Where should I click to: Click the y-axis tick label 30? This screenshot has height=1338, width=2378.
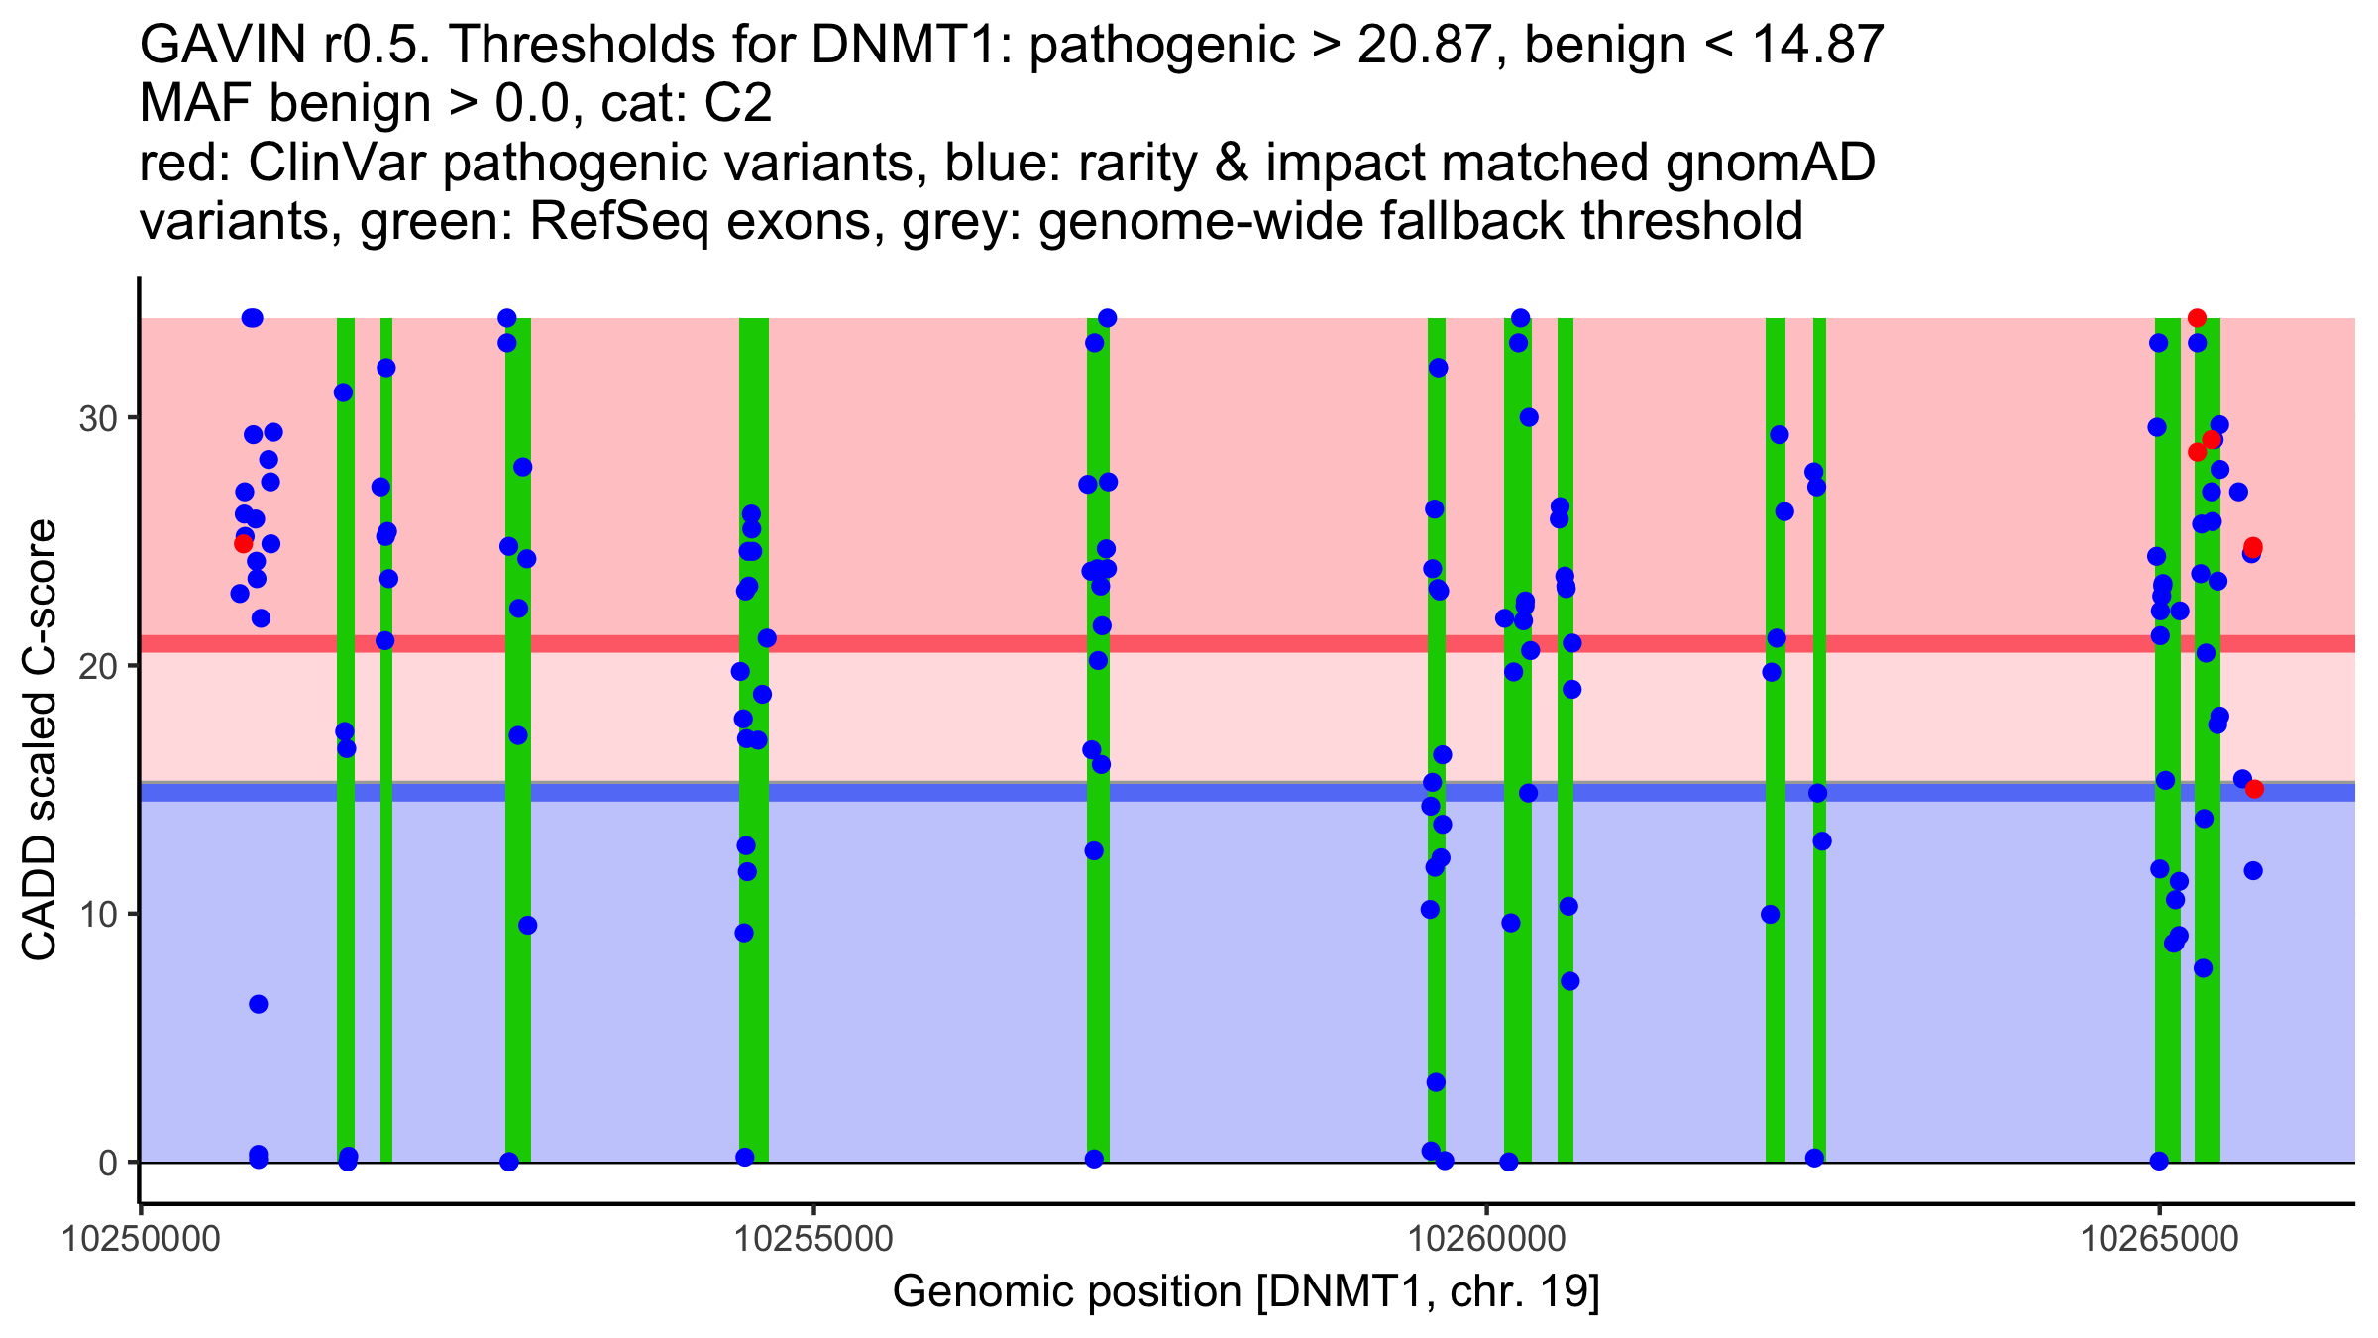point(97,418)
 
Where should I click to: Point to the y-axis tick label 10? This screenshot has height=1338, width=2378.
point(97,914)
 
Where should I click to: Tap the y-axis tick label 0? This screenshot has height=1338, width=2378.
point(107,1163)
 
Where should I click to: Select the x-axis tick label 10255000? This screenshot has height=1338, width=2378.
point(812,1240)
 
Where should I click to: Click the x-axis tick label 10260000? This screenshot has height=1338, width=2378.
point(1485,1240)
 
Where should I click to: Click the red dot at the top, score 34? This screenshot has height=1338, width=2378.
point(2197,318)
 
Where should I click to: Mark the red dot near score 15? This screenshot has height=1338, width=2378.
point(2254,789)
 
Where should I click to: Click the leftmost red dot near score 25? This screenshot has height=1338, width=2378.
point(243,543)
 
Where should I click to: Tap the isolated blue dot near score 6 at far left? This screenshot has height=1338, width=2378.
point(259,1004)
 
